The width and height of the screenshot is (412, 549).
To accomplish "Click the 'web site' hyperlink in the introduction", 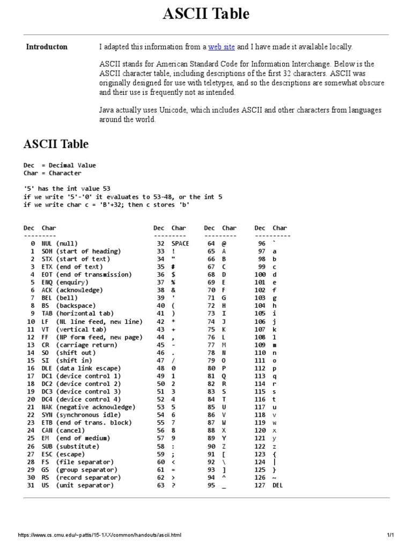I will coord(222,47).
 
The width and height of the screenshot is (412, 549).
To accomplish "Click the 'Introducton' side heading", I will coord(47,47).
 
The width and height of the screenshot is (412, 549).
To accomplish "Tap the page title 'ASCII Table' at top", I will coord(206,14).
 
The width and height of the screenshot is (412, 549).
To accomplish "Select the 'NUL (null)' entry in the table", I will coord(59,243).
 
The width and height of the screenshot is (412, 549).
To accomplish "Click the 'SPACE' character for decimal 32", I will coord(180,243).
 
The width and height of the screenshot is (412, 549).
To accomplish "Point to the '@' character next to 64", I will coord(224,243).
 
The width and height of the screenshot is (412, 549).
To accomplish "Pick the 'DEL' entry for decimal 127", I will coord(277,486).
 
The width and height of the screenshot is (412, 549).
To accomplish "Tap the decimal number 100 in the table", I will coord(260,274).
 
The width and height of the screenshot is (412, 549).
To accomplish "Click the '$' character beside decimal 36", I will coord(173,274).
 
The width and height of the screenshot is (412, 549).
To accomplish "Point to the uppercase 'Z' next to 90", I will coord(224,447).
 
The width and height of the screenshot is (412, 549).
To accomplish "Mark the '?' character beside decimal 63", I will coord(173,486).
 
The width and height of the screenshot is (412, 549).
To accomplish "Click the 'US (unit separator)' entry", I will coord(77,486).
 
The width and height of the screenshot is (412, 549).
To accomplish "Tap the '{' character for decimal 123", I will coord(275,454).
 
